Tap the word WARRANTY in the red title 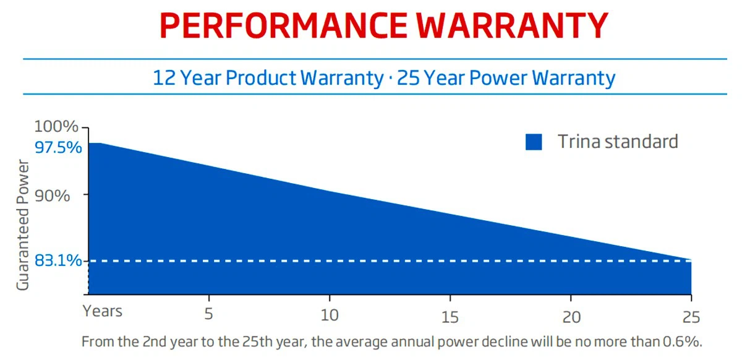pos(511,26)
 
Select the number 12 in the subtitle pos(164,79)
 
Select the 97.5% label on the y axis pos(58,148)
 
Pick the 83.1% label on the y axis pos(58,261)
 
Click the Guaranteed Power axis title pos(23,226)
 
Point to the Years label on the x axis pos(103,311)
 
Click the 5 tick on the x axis pos(209,315)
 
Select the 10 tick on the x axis pos(330,315)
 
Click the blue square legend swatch pos(534,142)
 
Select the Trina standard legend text pos(618,142)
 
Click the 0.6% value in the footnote pos(685,341)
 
